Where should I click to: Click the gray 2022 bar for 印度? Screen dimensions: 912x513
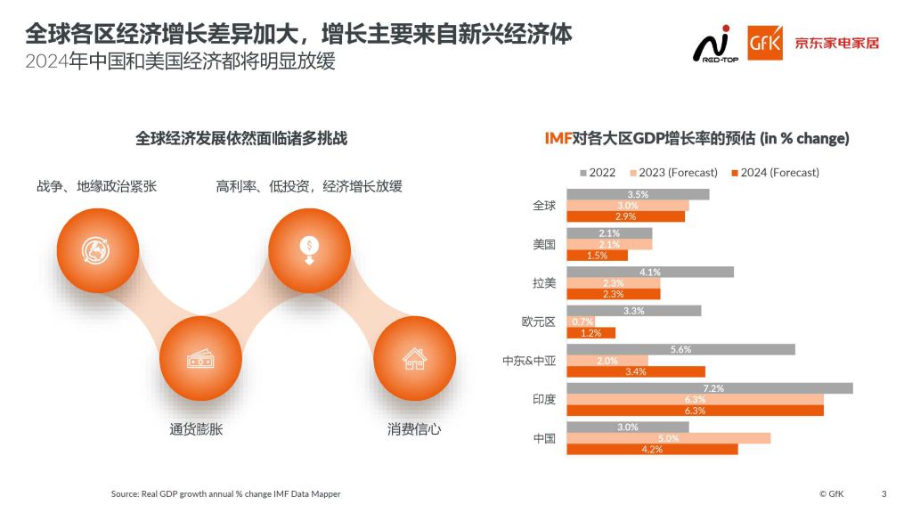[710, 388]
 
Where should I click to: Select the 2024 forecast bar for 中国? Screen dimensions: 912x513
[652, 450]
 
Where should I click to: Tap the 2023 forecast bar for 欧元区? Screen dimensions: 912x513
[581, 322]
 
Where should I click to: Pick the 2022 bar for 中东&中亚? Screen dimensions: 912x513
[680, 349]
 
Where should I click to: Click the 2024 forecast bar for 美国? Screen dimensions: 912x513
[598, 256]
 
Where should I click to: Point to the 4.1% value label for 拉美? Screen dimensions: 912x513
[649, 273]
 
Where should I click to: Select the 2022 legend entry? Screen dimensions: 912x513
[598, 173]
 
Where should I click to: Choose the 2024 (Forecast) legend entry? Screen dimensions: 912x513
[776, 173]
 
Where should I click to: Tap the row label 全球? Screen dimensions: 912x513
[544, 206]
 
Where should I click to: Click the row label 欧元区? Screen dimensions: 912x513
[539, 322]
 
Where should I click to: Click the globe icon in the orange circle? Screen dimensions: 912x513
[95, 250]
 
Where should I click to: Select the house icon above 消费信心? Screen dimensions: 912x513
[414, 359]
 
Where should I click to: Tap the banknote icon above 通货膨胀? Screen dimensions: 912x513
[200, 359]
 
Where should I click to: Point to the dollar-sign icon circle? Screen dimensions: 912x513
[309, 250]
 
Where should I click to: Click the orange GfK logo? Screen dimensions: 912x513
[765, 43]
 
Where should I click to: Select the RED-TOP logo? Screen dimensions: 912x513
[715, 45]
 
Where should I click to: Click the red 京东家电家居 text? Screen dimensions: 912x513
[836, 43]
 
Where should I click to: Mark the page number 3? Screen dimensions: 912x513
[884, 493]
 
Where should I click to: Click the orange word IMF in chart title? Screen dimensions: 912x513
[558, 138]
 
